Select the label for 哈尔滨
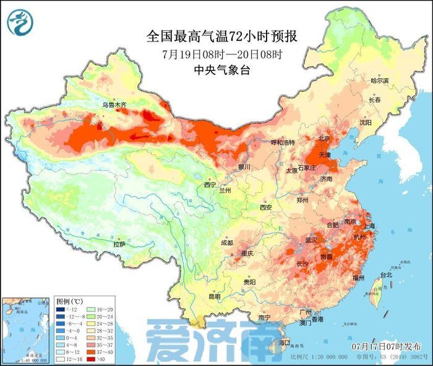pyautogui.click(x=379, y=81)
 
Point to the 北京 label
pyautogui.click(x=324, y=138)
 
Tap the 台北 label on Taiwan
pyautogui.click(x=385, y=275)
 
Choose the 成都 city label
pyautogui.click(x=227, y=243)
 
